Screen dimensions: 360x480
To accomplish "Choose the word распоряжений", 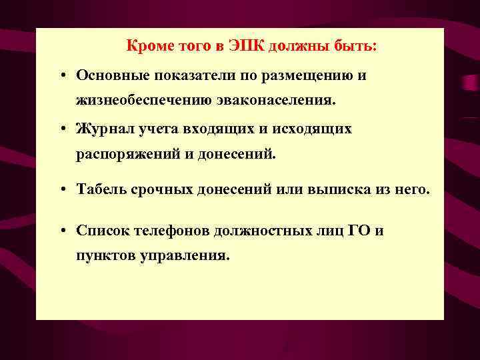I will pyautogui.click(x=125, y=155).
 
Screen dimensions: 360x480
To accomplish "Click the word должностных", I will pyautogui.click(x=262, y=231).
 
